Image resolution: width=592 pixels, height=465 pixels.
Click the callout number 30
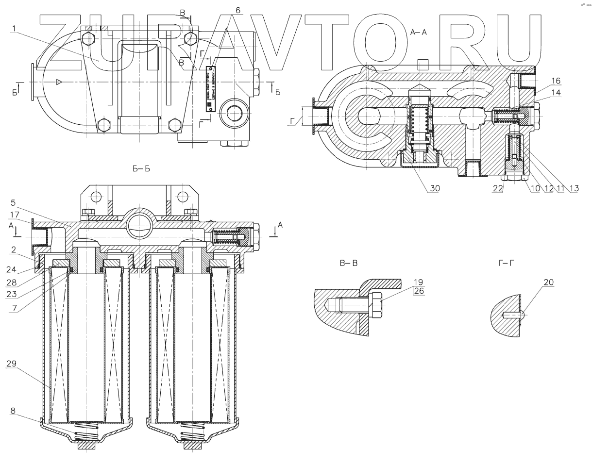point(435,189)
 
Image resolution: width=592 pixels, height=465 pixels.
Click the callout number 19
point(419,282)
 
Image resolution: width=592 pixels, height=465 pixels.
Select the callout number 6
point(237,10)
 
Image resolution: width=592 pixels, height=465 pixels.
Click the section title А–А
point(419,33)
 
